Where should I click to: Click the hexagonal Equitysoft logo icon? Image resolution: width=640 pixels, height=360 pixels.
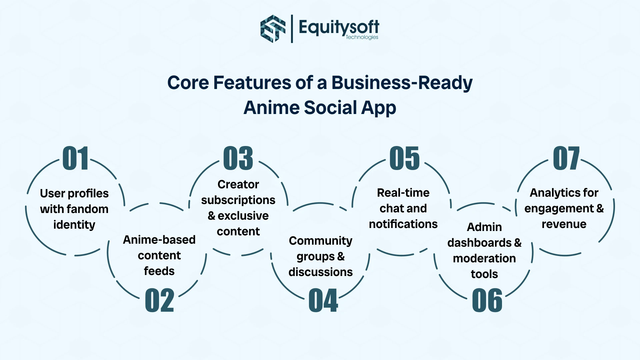(x=273, y=29)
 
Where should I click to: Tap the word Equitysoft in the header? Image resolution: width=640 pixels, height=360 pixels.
(x=339, y=27)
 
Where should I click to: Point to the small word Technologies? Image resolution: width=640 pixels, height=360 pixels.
(x=362, y=37)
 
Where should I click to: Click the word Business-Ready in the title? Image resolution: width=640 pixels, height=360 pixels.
(x=402, y=83)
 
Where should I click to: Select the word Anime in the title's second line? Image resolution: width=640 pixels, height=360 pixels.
(x=271, y=108)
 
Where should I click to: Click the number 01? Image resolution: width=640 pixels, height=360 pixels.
(x=76, y=158)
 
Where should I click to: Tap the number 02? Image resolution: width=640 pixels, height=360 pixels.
(x=159, y=301)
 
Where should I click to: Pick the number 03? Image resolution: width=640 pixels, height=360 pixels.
(x=238, y=158)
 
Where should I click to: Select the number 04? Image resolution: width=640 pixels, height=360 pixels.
(x=323, y=301)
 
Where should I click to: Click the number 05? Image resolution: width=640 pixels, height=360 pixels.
(x=404, y=158)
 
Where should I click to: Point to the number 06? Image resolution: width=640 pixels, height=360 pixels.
(x=487, y=301)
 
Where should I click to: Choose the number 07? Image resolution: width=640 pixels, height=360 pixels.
(x=566, y=158)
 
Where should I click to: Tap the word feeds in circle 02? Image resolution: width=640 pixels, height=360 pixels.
(x=159, y=271)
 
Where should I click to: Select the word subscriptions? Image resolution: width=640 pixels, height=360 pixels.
(x=238, y=200)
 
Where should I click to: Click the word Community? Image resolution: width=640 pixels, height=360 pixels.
(x=320, y=241)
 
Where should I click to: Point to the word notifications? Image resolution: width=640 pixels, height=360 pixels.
(x=403, y=224)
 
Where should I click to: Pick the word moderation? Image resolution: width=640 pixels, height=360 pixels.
(x=484, y=258)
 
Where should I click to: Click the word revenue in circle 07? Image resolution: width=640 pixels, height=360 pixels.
(x=564, y=224)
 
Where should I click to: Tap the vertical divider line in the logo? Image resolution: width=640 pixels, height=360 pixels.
(x=292, y=29)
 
